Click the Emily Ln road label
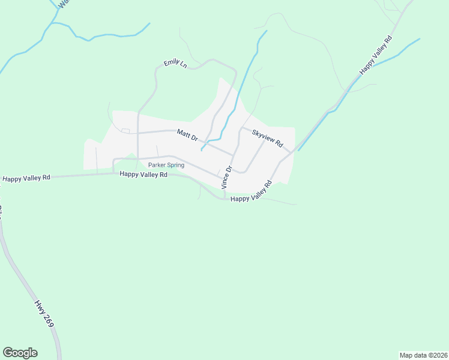[x=175, y=63]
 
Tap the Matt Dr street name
[x=187, y=135]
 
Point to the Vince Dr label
[x=226, y=178]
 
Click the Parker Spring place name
[x=166, y=165]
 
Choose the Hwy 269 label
[x=44, y=314]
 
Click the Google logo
[x=20, y=353]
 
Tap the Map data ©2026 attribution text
[x=423, y=355]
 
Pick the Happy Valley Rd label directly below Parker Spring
[x=143, y=175]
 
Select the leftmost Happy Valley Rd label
[x=26, y=178]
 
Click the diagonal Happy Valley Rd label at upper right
[x=375, y=55]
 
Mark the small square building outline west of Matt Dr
[x=125, y=131]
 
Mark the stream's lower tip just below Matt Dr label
[x=202, y=149]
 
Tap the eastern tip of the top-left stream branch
[x=149, y=23]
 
